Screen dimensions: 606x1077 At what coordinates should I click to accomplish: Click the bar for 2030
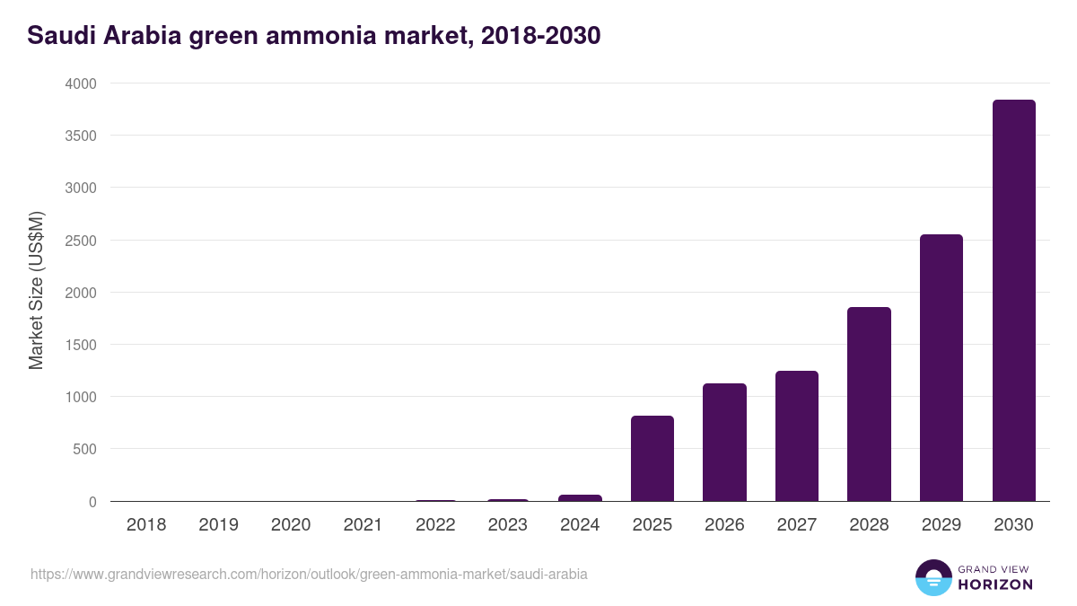coord(1013,301)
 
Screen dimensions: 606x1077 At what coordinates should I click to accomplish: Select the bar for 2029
coord(941,368)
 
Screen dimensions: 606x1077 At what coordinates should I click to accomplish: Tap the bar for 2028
coord(869,404)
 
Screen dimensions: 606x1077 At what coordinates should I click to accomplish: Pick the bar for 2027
coord(797,436)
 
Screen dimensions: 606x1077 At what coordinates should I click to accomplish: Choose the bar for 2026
coord(724,443)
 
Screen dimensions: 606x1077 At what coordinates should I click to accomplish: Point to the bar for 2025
coord(652,459)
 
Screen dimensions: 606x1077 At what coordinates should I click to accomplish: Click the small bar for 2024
coord(580,497)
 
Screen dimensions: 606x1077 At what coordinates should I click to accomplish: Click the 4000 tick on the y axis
coord(79,83)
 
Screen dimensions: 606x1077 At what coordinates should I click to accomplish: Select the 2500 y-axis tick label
coord(79,241)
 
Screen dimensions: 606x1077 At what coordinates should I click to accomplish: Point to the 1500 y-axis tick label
coord(79,345)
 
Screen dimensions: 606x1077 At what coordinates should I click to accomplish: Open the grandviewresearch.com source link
coord(309,574)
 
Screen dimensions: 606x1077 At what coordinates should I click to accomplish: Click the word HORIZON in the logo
coord(995,584)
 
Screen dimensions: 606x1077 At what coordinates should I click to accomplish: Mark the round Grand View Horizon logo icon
coord(933,577)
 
